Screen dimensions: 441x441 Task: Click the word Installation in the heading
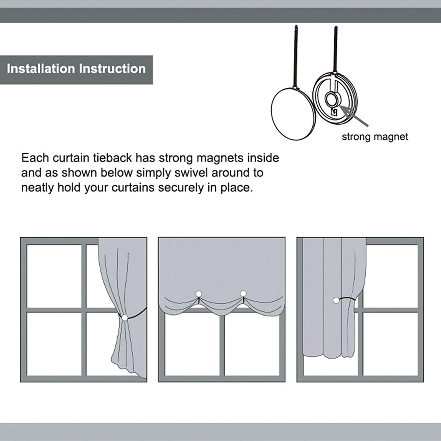(41, 69)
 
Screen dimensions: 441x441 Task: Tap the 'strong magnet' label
(375, 137)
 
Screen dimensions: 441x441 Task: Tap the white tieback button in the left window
(125, 318)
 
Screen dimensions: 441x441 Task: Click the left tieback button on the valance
(199, 294)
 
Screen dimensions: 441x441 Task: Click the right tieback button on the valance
(243, 293)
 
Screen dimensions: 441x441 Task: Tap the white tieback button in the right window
(336, 300)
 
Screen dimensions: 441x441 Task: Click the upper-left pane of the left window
(54, 276)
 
